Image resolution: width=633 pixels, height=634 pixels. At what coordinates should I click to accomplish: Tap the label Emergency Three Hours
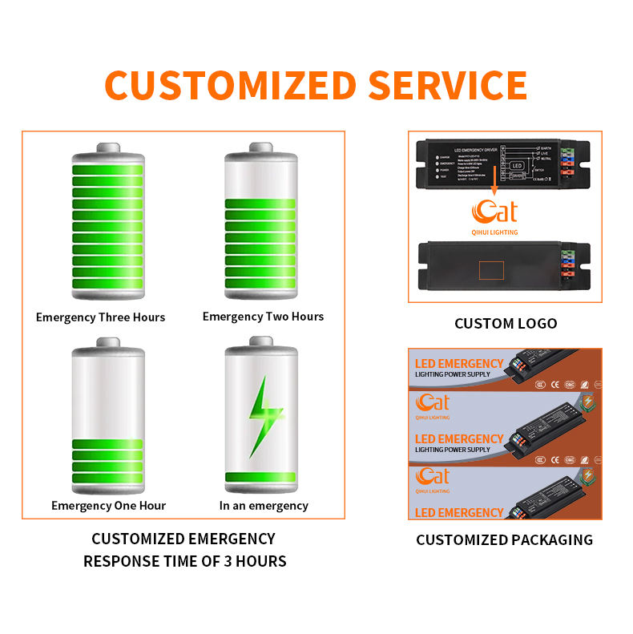[100, 317]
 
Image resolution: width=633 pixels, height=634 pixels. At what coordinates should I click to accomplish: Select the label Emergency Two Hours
[263, 317]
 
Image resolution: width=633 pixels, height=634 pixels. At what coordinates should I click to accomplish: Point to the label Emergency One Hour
[108, 506]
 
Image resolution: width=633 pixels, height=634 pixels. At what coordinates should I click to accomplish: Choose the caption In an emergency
[264, 506]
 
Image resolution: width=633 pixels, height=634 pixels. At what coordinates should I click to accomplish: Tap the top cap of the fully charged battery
[109, 147]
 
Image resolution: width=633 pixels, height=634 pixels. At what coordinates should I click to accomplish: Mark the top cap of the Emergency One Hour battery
[109, 342]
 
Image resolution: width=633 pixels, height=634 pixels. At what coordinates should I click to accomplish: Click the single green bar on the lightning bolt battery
[261, 478]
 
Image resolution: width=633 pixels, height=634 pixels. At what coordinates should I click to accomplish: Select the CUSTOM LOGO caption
[505, 324]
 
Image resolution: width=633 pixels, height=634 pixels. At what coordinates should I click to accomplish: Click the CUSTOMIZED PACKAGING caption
[504, 540]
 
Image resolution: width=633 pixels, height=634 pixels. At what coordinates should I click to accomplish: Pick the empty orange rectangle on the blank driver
[491, 270]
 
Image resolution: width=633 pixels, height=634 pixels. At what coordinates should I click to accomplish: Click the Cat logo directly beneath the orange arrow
[494, 212]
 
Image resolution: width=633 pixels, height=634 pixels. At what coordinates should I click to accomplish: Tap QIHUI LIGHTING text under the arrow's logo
[494, 232]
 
